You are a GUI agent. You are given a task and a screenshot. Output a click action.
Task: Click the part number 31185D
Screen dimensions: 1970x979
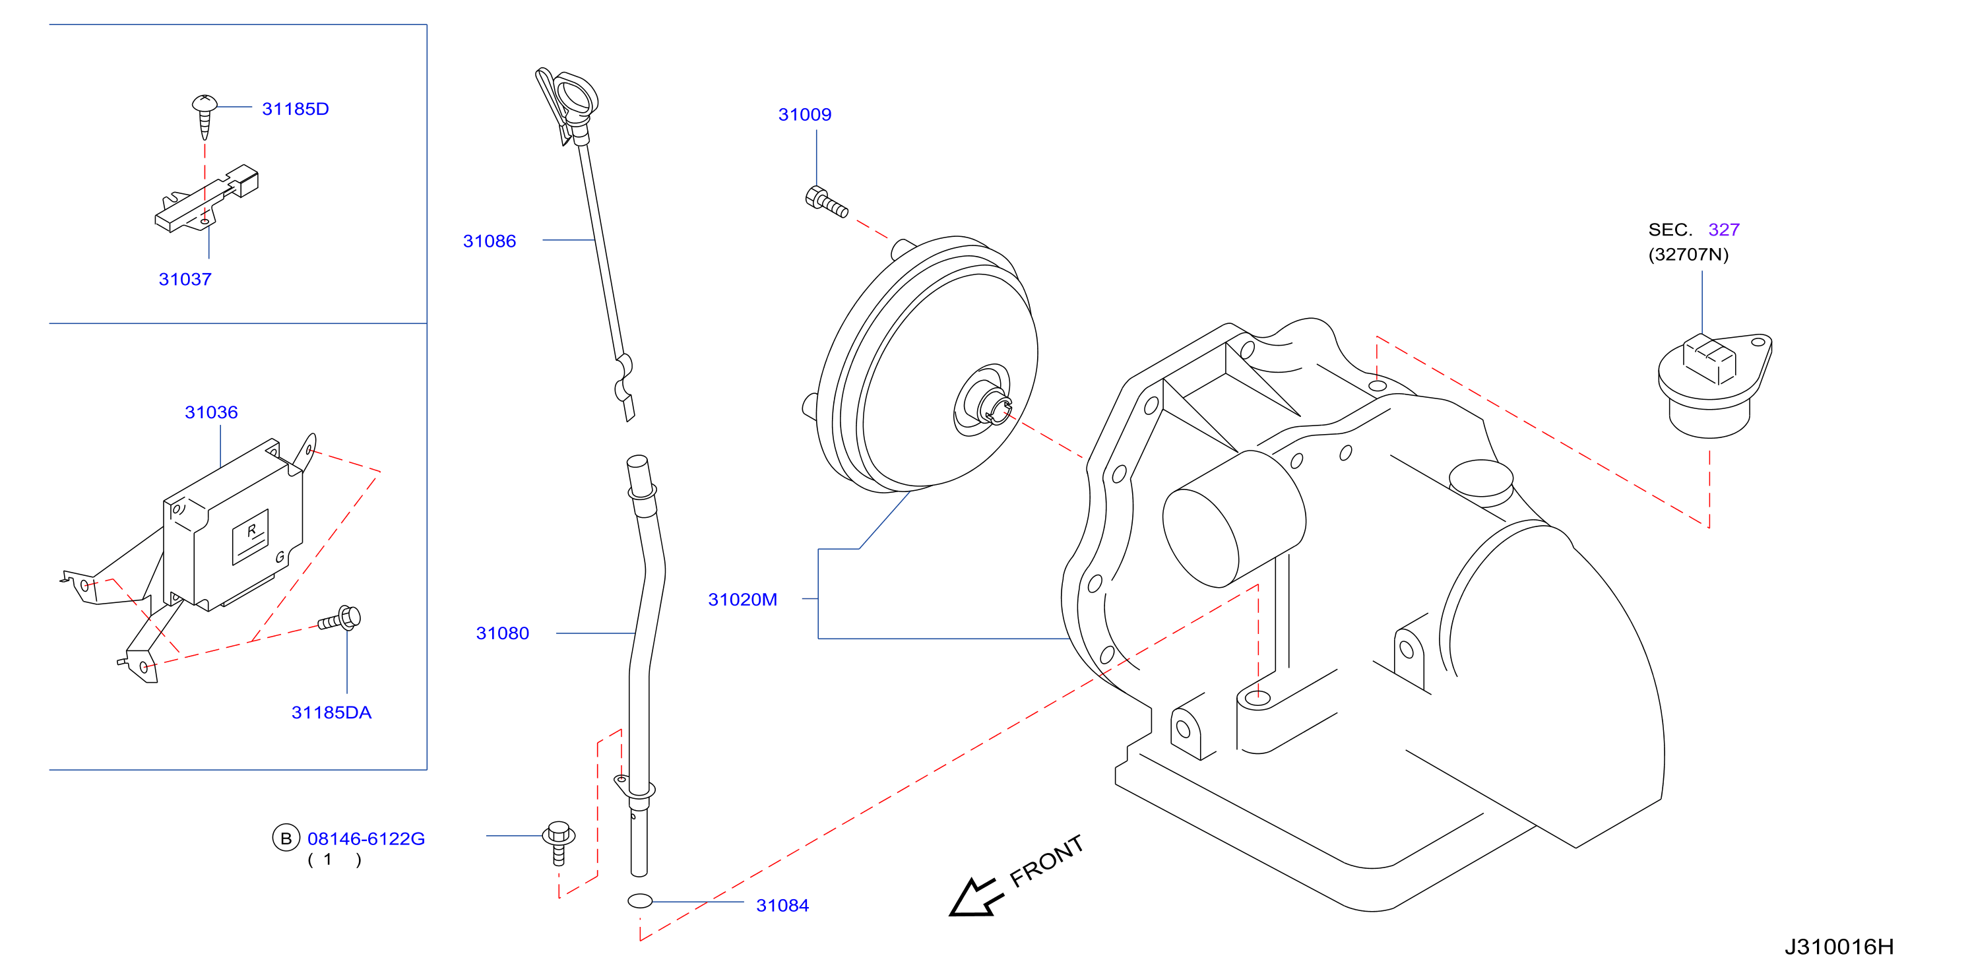295,109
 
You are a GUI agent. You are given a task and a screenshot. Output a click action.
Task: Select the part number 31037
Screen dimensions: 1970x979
185,279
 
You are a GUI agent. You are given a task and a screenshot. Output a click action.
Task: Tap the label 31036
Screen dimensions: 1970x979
211,412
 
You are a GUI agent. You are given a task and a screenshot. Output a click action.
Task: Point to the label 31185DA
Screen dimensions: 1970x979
331,713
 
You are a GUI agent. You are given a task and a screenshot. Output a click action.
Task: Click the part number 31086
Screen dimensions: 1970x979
490,241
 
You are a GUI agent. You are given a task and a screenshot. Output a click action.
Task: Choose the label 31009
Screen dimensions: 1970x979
804,115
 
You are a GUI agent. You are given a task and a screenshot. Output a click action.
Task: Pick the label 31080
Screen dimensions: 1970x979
503,633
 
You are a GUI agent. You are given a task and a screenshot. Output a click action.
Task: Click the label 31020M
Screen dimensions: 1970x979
743,600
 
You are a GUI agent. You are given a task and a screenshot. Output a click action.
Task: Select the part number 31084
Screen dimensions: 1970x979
782,906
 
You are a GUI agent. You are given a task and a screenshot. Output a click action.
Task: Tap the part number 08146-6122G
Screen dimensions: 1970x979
365,839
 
